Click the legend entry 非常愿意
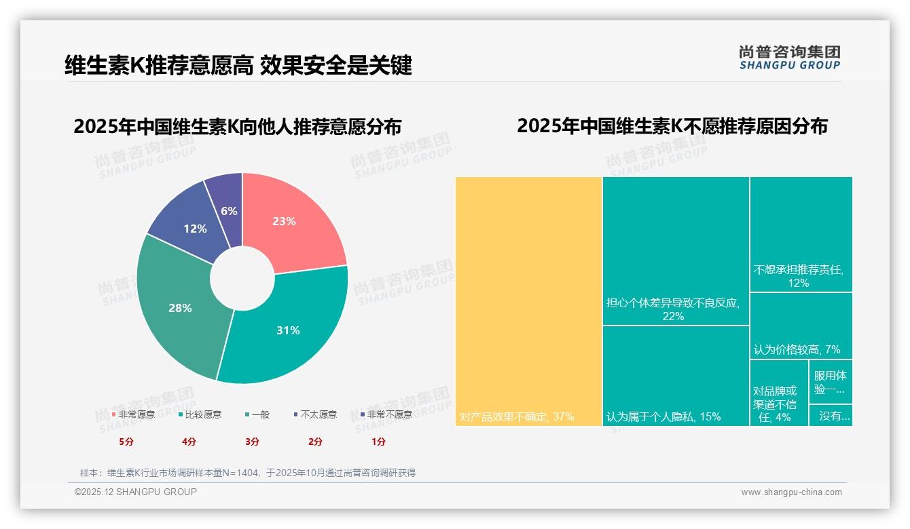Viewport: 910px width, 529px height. click(x=133, y=414)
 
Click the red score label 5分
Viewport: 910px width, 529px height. click(x=126, y=442)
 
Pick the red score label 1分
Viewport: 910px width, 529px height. click(x=379, y=442)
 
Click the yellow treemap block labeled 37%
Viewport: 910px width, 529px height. click(x=528, y=302)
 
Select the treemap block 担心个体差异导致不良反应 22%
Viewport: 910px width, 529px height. click(x=676, y=251)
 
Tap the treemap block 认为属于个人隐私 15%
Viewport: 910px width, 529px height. click(x=676, y=376)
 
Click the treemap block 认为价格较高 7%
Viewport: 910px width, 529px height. click(x=801, y=326)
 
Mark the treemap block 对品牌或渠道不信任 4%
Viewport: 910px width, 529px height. click(x=779, y=393)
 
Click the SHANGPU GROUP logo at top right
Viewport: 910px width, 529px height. click(x=789, y=57)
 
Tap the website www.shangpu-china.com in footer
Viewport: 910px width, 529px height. click(x=791, y=492)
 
